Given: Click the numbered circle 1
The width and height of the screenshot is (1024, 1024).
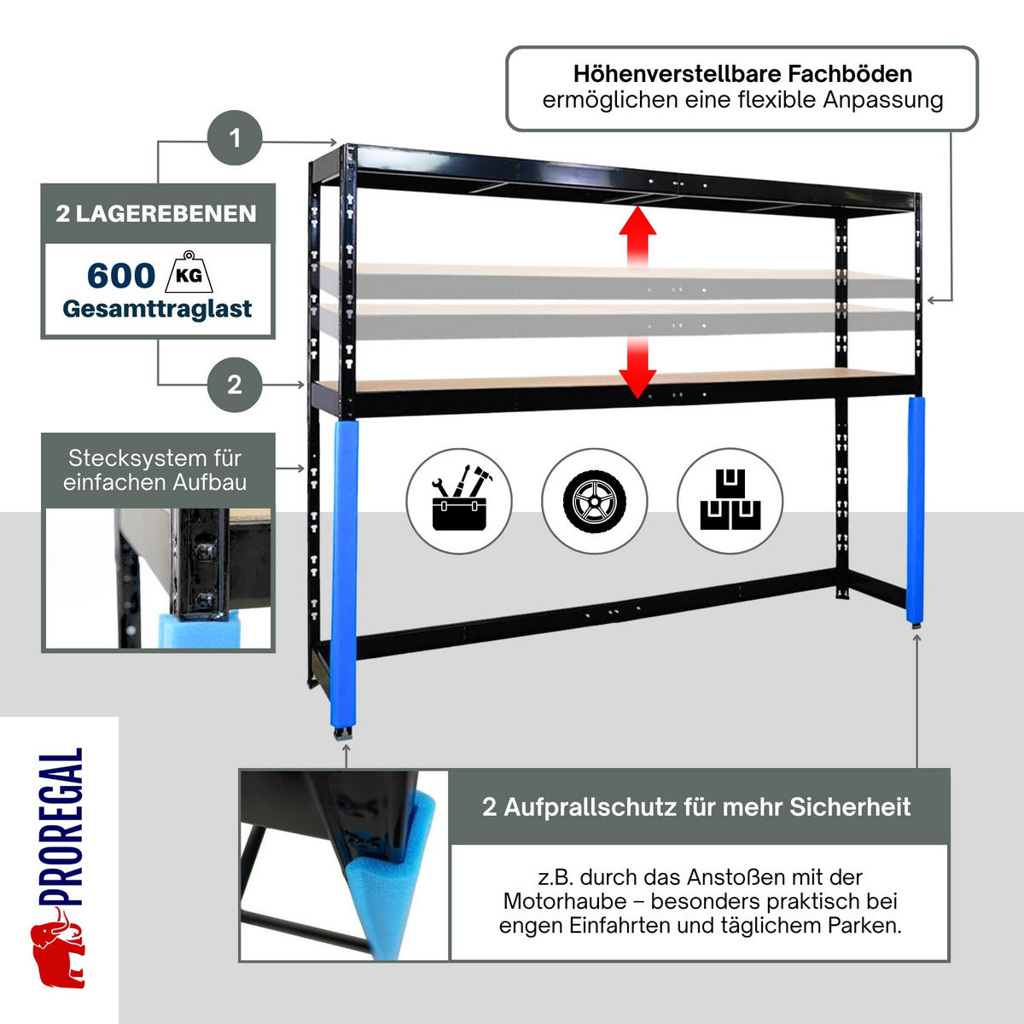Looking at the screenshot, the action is click(x=235, y=137).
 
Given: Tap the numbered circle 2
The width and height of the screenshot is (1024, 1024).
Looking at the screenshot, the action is click(x=235, y=385).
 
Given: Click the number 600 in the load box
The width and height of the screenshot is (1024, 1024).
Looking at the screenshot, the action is click(x=121, y=276).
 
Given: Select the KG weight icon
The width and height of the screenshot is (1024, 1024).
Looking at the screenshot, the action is click(x=189, y=271).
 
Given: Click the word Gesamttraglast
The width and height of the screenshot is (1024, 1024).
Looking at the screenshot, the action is click(x=157, y=309).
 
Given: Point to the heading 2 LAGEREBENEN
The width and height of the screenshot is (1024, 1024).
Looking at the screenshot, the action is click(x=156, y=213).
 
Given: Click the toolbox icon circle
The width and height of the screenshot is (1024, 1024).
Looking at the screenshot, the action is click(x=459, y=501).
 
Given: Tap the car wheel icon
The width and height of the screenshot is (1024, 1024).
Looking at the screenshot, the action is click(x=595, y=501).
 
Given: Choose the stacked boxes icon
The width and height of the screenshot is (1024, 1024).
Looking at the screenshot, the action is click(x=730, y=501).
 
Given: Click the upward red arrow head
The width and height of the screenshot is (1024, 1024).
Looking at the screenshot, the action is click(x=637, y=220).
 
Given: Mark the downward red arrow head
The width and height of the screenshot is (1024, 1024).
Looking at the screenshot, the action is click(x=637, y=384).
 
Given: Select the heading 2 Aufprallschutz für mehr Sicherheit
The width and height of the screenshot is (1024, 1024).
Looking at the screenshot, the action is click(x=696, y=806).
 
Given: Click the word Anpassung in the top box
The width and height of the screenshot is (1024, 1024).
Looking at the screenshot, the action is click(x=883, y=101).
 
